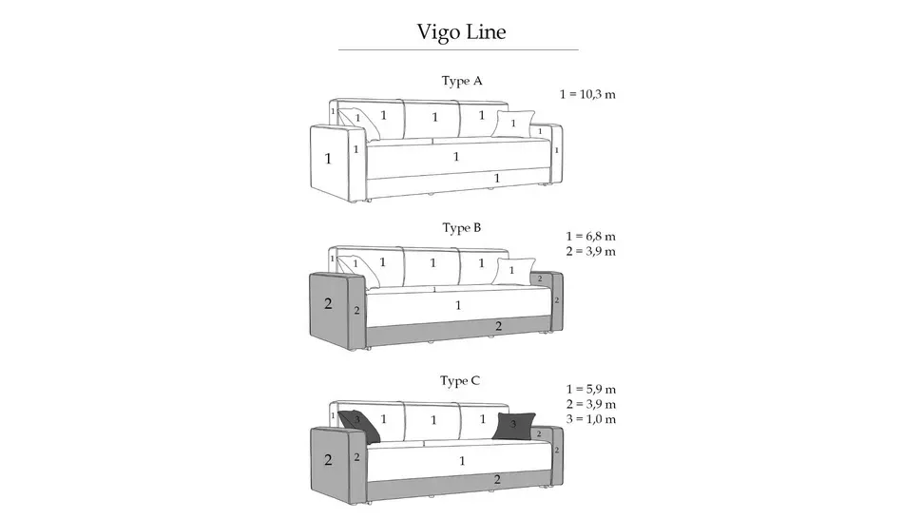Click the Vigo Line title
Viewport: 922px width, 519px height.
(461, 31)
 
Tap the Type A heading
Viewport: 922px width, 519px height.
(462, 81)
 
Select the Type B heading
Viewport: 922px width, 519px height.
(462, 227)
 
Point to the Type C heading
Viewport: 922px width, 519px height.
(460, 381)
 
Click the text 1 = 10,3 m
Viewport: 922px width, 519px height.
(587, 94)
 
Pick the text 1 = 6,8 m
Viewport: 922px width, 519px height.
(590, 237)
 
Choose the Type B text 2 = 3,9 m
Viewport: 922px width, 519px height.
(590, 252)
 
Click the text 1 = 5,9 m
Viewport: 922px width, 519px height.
(591, 389)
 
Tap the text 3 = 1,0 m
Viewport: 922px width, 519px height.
(591, 419)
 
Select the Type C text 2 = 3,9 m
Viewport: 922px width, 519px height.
(591, 404)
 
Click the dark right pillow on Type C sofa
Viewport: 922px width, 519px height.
(513, 426)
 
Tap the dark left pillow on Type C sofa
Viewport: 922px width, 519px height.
(359, 426)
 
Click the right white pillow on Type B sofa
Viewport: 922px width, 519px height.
(512, 271)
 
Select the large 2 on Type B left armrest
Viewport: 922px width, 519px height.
(328, 304)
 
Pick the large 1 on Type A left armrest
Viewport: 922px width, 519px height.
(328, 158)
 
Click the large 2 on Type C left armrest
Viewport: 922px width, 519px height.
(328, 460)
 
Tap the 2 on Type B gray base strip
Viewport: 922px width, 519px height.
(499, 326)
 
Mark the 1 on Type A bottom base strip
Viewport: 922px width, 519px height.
(497, 178)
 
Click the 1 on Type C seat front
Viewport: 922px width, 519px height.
(462, 461)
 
